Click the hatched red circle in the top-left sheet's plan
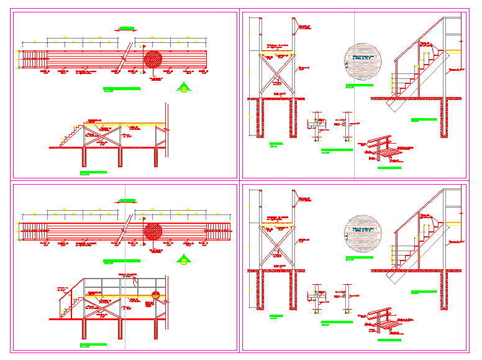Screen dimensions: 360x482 [x=153, y=60]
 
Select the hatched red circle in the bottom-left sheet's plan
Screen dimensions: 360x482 [x=153, y=231]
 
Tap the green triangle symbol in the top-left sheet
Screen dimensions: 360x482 [x=183, y=87]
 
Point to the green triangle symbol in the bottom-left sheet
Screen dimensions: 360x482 [x=183, y=259]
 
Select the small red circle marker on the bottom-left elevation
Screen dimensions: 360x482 [x=157, y=295]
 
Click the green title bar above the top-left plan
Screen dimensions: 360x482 [x=127, y=28]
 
